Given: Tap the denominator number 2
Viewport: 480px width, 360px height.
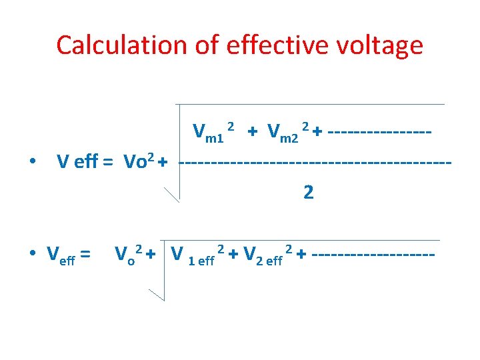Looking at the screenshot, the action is [x=308, y=193].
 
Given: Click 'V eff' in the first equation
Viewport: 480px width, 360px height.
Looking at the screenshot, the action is [x=77, y=162].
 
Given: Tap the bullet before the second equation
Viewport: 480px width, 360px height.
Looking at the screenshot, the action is [x=33, y=255].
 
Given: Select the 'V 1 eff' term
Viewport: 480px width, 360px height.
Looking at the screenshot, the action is [x=195, y=255].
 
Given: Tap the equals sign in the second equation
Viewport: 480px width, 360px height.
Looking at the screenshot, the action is [x=85, y=254].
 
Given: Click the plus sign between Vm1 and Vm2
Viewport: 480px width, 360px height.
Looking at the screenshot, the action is [x=252, y=132].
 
